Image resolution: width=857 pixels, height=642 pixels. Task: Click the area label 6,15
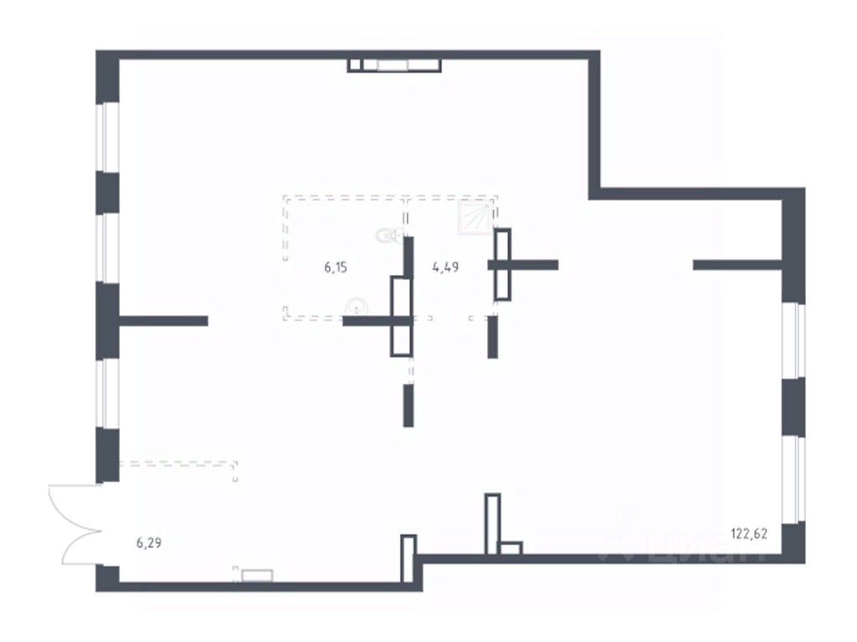(336, 268)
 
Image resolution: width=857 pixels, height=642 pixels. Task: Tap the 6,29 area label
(149, 543)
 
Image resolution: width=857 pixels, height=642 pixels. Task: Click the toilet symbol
(387, 236)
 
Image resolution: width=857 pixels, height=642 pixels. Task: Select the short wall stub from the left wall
(163, 320)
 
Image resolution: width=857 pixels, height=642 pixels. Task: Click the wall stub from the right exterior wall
(736, 266)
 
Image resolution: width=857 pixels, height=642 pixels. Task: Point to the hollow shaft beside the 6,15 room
(401, 317)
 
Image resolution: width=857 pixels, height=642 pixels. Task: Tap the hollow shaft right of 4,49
(502, 264)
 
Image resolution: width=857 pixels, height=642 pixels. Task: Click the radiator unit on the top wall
(394, 65)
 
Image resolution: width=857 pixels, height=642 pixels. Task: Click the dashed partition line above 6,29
(179, 461)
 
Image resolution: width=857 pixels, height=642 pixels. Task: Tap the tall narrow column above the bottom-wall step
(492, 523)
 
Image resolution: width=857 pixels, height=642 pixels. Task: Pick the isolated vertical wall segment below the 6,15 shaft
(408, 405)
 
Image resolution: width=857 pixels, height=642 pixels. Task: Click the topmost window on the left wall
(108, 138)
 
